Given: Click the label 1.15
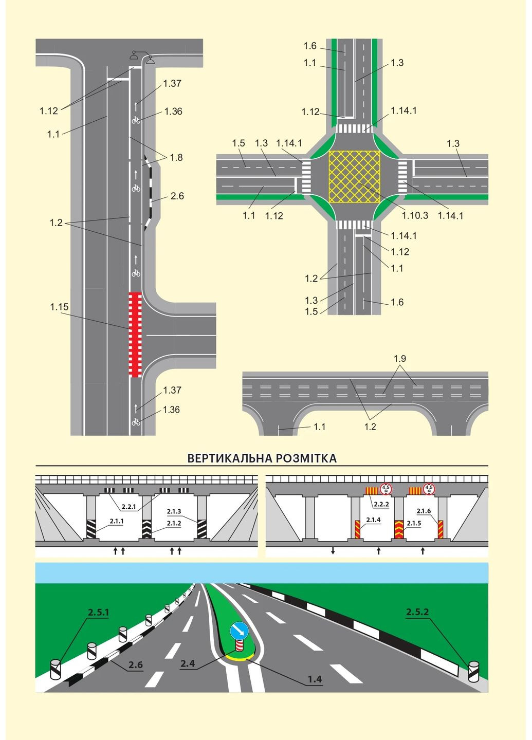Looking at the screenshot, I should (59, 307).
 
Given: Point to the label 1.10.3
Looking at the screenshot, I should (415, 215).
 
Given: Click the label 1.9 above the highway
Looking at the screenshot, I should (400, 358).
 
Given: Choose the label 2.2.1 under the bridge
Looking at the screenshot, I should (129, 507).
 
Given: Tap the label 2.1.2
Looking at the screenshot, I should (174, 523).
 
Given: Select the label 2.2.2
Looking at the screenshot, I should (381, 504).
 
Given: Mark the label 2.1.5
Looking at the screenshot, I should (414, 523).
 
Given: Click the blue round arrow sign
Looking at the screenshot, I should (239, 630).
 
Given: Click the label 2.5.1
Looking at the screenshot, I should (98, 612).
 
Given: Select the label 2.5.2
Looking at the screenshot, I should (417, 612).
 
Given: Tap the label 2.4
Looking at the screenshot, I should (188, 663).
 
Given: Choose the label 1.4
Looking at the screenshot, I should (315, 679).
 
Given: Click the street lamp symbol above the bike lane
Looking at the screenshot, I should (142, 57).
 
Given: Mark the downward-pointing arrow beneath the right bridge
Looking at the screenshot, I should (333, 551).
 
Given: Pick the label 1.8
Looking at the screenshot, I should (176, 157).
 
